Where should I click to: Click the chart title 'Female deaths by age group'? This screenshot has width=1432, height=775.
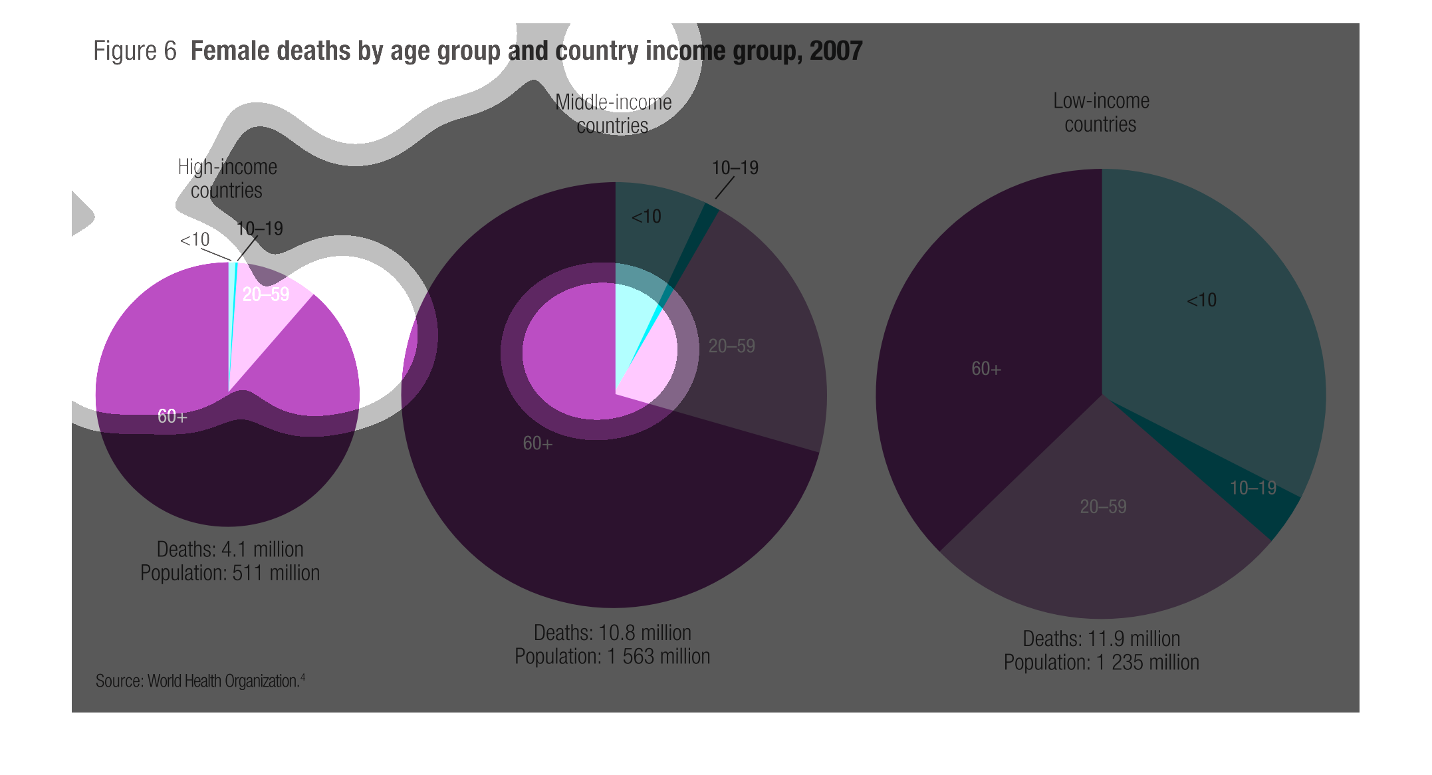526,51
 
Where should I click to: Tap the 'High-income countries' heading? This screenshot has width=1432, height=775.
227,178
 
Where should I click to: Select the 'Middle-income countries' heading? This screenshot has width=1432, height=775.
613,114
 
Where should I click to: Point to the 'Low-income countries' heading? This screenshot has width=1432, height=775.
1101,112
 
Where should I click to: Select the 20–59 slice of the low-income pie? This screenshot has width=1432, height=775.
1104,532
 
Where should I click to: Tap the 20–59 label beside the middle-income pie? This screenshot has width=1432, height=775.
731,346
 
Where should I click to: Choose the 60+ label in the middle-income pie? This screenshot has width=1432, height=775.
537,443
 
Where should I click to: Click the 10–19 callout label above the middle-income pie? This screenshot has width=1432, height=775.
735,167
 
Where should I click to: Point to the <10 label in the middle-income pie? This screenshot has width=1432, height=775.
646,217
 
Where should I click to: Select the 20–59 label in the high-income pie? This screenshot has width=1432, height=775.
266,294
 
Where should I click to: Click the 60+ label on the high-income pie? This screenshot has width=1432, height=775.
172,416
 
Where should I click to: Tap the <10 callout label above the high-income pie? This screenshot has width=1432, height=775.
195,240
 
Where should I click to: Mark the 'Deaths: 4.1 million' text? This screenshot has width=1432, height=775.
230,549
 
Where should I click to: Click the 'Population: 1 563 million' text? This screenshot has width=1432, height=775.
612,657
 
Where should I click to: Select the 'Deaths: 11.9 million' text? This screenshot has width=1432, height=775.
1101,639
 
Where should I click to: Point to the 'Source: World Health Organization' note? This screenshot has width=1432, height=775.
199,681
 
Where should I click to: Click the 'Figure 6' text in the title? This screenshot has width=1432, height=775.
135,51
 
